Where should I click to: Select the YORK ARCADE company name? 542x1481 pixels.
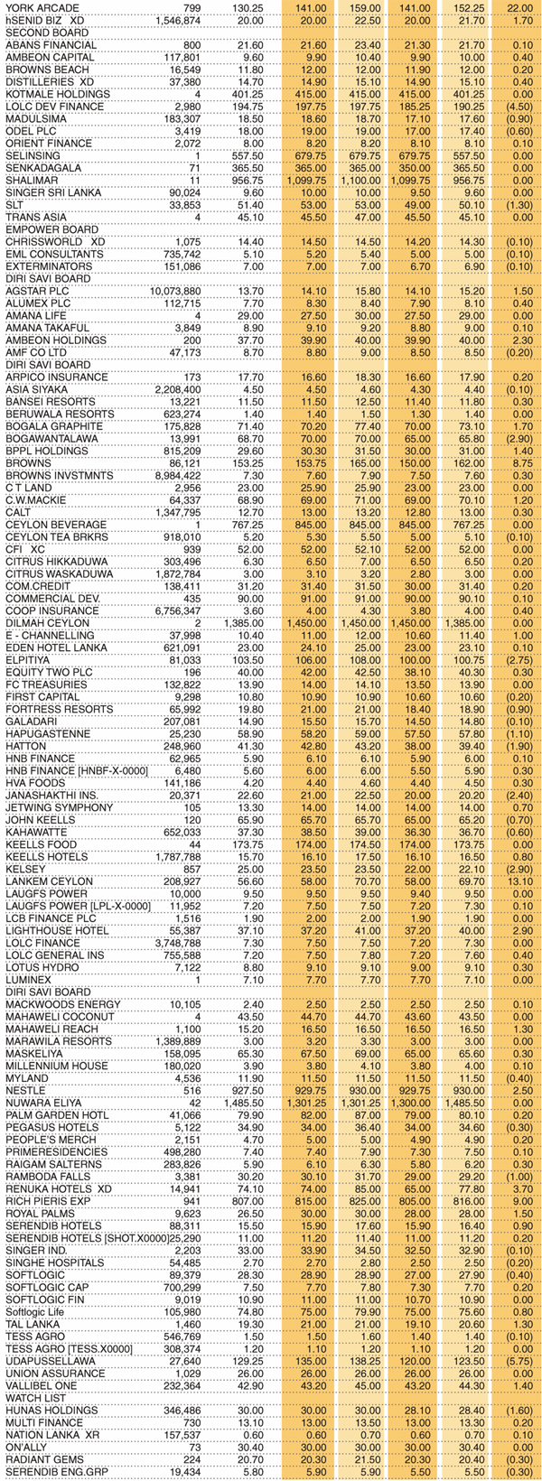(37, 7)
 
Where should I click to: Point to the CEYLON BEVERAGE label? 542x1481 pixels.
(50, 525)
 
